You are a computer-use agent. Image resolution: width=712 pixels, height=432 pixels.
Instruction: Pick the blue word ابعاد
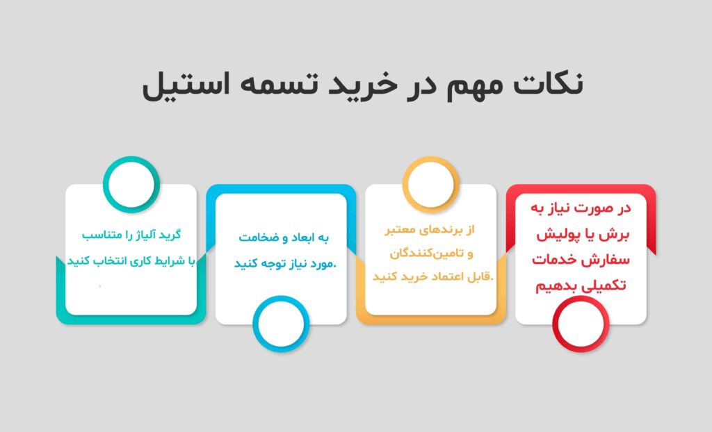[x=303, y=238]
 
